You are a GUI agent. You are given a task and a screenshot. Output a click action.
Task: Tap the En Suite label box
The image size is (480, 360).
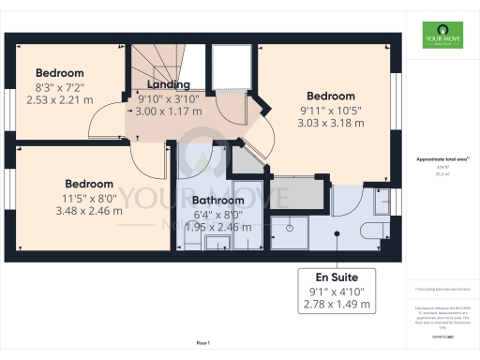coord(336,291)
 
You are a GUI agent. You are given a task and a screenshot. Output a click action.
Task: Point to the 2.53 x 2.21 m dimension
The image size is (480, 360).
coord(60,99)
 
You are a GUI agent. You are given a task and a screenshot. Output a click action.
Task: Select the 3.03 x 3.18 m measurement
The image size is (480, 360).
coord(331,122)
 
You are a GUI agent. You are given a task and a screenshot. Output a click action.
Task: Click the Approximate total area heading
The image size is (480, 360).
coord(438,159)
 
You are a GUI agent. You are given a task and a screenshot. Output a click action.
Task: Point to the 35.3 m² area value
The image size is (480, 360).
coord(438,173)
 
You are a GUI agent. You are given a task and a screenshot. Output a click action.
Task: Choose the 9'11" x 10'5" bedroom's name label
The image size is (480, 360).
coord(331,96)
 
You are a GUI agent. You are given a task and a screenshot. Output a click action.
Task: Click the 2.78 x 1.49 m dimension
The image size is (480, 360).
coord(336,305)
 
